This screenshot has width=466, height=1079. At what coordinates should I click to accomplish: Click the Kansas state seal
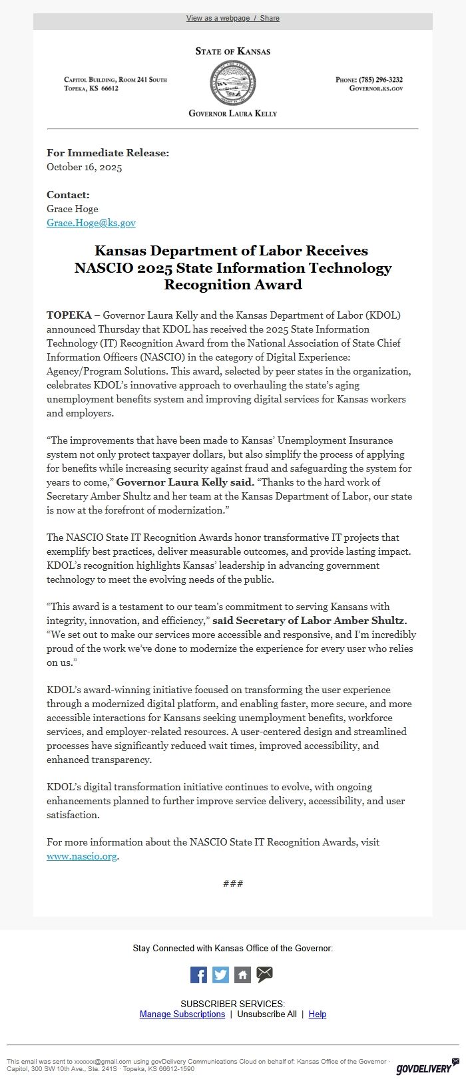tap(232, 82)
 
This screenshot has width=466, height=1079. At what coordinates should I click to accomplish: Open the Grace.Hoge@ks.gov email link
tap(91, 223)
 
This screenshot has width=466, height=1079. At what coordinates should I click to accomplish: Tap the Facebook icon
tap(198, 975)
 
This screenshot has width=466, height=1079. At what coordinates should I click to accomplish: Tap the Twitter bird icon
tap(220, 975)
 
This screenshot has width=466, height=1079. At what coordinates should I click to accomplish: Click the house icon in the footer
tap(242, 975)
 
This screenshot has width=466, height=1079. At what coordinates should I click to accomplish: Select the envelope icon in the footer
tap(264, 975)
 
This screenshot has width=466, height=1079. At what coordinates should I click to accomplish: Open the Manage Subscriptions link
tap(182, 1014)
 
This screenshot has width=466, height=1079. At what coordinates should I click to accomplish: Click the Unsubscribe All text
tap(267, 1014)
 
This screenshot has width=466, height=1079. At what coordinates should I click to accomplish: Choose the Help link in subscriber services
tap(318, 1014)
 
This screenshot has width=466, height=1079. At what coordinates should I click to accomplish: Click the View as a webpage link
tap(218, 18)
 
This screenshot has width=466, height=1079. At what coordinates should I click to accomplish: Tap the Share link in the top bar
tap(270, 18)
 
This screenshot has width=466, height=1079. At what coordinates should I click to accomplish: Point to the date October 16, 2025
tap(85, 167)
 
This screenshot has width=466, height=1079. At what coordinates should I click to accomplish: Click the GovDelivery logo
tap(423, 1068)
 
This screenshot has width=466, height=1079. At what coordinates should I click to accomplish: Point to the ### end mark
tap(233, 883)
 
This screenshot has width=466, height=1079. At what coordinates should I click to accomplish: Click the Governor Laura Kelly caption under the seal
tap(233, 113)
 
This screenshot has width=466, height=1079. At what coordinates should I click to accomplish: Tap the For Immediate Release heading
tap(108, 153)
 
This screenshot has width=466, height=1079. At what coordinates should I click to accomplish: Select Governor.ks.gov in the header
tap(376, 88)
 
